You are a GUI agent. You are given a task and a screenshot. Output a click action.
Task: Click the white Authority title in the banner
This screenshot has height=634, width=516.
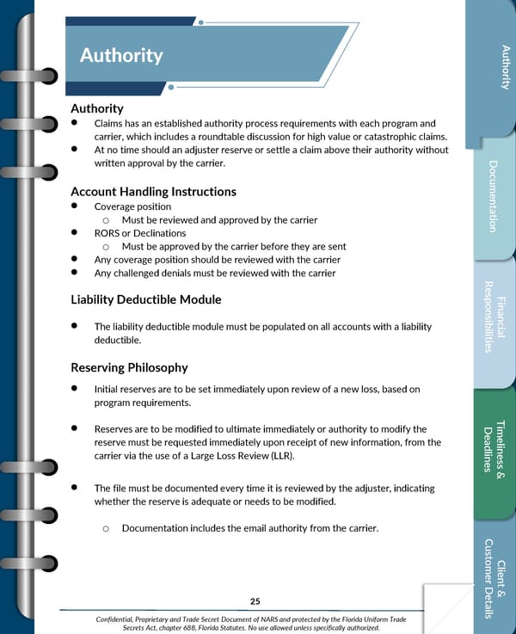point(121,56)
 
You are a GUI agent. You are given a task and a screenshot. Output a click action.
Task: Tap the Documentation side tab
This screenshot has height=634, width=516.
point(493,195)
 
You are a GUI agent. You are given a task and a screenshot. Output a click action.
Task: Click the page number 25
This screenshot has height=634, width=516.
point(255,600)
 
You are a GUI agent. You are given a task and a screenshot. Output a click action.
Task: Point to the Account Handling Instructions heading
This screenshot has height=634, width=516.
point(153,191)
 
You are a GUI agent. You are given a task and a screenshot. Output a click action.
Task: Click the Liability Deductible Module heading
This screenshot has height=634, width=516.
point(146,299)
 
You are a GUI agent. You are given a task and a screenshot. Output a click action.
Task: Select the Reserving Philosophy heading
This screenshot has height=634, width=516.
point(129,367)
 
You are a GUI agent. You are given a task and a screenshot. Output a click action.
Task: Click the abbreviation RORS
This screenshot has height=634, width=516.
point(107,233)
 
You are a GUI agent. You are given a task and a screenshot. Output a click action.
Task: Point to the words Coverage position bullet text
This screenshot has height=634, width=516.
point(132,206)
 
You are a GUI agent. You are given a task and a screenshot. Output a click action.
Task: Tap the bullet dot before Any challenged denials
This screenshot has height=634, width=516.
point(76,273)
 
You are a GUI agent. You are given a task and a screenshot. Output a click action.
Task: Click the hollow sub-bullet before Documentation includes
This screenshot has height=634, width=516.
point(104,527)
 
